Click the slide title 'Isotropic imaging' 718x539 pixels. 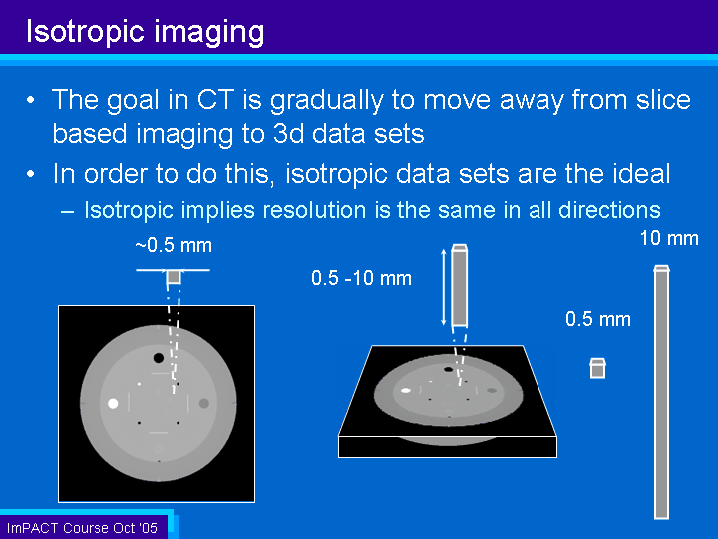point(146,32)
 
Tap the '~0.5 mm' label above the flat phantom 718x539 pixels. point(174,246)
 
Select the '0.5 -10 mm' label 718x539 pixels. point(361,278)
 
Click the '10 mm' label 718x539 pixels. point(669,238)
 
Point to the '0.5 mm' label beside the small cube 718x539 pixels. point(598,319)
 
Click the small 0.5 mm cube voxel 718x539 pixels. point(597,368)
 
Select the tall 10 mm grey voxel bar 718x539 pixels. point(662,392)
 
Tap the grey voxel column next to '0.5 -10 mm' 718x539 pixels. point(460,285)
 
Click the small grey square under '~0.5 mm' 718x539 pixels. point(174,277)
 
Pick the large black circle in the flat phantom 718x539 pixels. point(159,358)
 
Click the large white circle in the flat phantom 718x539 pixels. point(113,404)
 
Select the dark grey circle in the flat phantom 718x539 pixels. point(204,404)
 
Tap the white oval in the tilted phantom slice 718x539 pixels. point(406,391)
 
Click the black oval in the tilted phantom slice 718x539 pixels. point(449,369)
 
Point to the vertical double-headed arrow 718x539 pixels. point(443,286)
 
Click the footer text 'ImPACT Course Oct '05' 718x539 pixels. point(82,528)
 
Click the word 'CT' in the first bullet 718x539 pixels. point(215,100)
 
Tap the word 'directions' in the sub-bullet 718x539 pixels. point(609,210)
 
